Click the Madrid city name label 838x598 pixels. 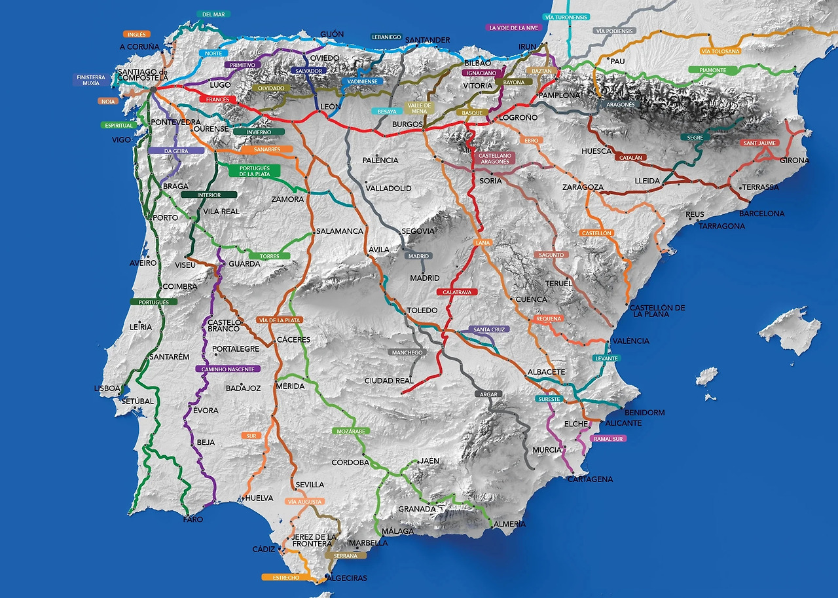(x=425, y=278)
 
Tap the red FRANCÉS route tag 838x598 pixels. (x=218, y=100)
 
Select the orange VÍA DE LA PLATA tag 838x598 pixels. (x=280, y=320)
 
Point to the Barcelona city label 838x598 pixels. (x=761, y=214)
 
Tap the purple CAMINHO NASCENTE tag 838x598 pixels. (x=228, y=369)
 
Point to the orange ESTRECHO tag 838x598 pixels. (x=285, y=578)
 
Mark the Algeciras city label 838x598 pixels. (x=346, y=578)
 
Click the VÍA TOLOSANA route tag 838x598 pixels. (x=720, y=51)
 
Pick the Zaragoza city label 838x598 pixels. (x=583, y=187)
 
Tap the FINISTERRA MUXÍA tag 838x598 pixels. (x=91, y=80)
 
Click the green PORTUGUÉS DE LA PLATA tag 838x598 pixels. (x=255, y=170)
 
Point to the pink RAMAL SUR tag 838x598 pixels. (x=608, y=439)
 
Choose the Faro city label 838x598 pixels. (x=193, y=519)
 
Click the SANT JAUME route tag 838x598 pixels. (x=759, y=143)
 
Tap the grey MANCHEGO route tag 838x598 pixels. (x=407, y=352)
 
